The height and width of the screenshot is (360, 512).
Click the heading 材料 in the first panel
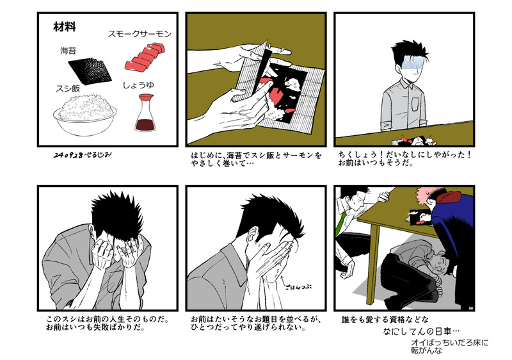click(x=65, y=27)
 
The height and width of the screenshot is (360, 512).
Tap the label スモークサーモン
click(x=140, y=34)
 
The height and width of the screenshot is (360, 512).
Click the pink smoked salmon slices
click(x=144, y=56)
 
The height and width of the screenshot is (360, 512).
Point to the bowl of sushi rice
click(x=85, y=115)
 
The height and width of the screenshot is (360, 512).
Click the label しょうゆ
click(x=138, y=85)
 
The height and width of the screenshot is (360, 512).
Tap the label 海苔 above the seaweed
click(x=68, y=51)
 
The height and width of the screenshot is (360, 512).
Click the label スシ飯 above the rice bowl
click(x=68, y=88)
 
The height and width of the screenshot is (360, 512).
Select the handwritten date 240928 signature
click(x=82, y=155)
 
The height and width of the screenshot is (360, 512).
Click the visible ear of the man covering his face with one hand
click(x=252, y=234)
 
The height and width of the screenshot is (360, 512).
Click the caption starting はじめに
click(x=257, y=159)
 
